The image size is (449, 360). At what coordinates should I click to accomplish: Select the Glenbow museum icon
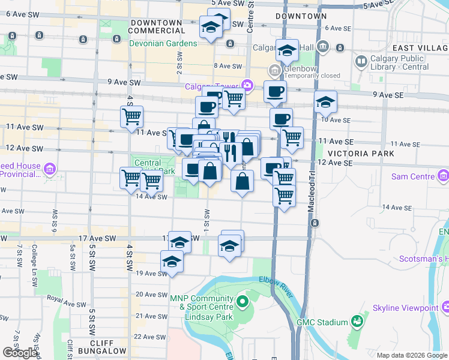[275, 71]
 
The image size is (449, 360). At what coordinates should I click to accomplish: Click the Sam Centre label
[412, 176]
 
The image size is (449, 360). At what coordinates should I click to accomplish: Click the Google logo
[20, 353]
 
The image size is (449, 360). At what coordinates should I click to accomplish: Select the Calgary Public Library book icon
[361, 61]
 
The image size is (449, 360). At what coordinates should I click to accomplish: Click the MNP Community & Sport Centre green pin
[243, 301]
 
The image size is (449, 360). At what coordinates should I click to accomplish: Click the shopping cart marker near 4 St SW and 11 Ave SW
[131, 116]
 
